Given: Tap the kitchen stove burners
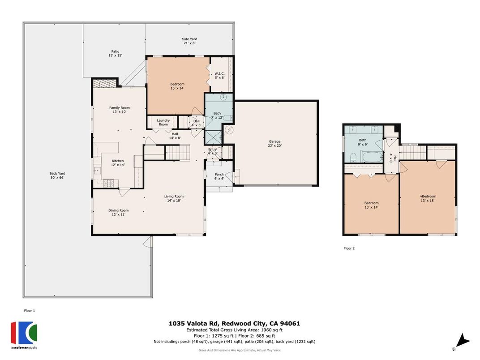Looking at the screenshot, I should tap(109, 182).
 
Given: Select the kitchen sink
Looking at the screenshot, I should tap(97, 170).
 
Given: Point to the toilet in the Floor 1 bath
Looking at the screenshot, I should tap(227, 118).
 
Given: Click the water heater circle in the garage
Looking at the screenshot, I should tap(230, 130).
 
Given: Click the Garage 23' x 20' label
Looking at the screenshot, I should tap(274, 143).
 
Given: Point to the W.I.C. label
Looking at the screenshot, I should tap(219, 76).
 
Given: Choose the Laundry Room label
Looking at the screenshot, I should tap(163, 122).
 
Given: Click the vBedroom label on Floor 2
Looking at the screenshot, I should tap(428, 198).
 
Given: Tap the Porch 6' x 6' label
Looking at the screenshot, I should tap(219, 176).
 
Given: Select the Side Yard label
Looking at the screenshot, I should tap(190, 41).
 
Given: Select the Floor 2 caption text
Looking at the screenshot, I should tap(349, 248).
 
